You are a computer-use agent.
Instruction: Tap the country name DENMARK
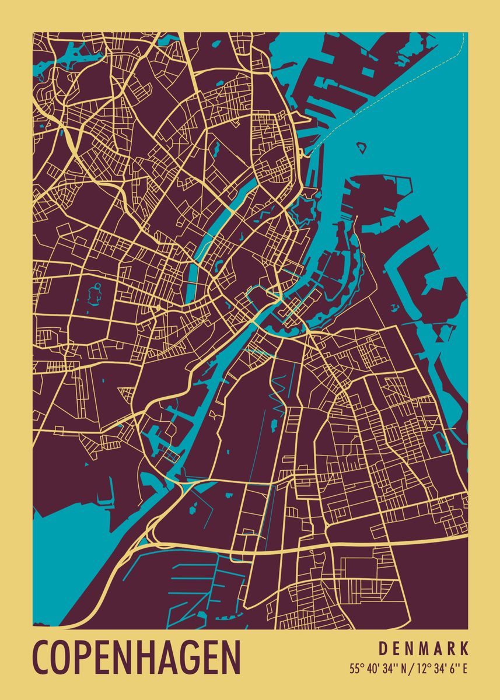click(x=424, y=649)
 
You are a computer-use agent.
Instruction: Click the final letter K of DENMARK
click(x=464, y=649)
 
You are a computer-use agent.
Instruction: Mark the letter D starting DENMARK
click(x=383, y=649)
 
